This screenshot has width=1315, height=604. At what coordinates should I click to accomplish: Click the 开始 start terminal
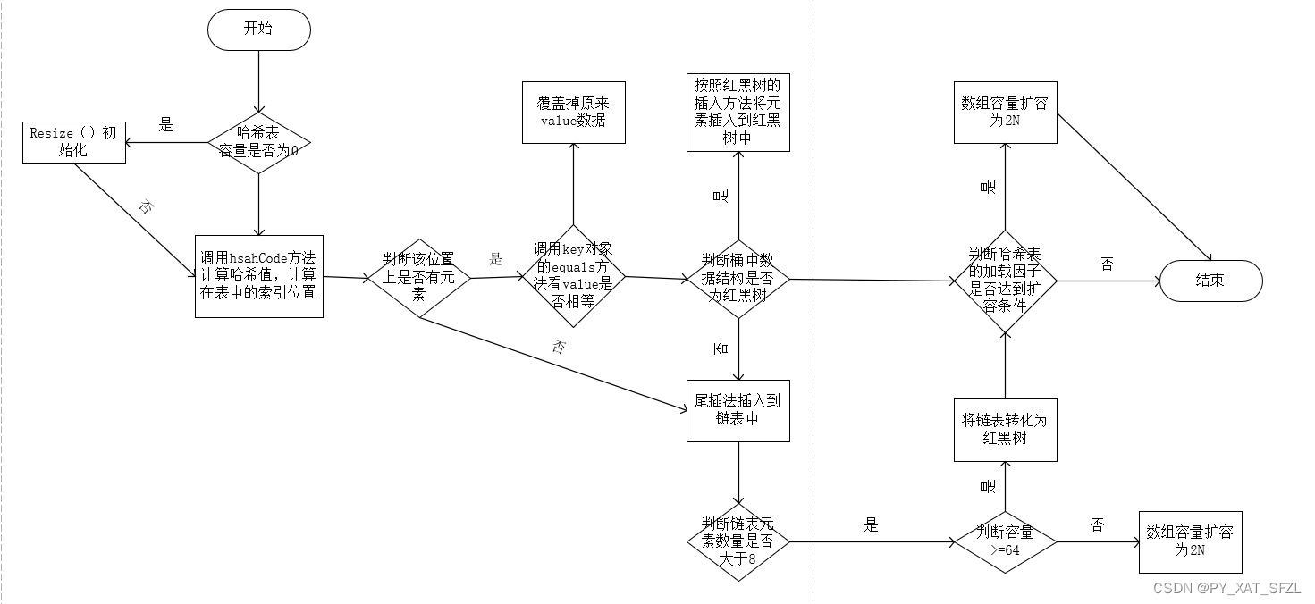pyautogui.click(x=259, y=29)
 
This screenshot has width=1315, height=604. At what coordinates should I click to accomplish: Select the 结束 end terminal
pyautogui.click(x=1210, y=281)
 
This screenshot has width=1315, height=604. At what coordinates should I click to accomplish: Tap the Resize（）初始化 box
pyautogui.click(x=73, y=142)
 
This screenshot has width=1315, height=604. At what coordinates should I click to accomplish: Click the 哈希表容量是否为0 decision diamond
pyautogui.click(x=259, y=142)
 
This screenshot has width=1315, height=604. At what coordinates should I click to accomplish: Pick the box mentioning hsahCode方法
pyautogui.click(x=259, y=275)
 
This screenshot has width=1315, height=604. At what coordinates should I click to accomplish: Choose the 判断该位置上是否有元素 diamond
pyautogui.click(x=418, y=277)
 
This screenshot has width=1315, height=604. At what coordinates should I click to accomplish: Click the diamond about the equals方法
pyautogui.click(x=574, y=275)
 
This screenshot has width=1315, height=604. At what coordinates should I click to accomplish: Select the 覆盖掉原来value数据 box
pyautogui.click(x=574, y=112)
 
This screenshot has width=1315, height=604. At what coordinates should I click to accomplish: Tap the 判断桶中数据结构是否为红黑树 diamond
pyautogui.click(x=738, y=278)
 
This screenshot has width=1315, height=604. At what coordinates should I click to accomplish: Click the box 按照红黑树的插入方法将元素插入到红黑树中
pyautogui.click(x=738, y=112)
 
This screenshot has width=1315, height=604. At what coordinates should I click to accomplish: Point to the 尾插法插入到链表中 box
pyautogui.click(x=738, y=409)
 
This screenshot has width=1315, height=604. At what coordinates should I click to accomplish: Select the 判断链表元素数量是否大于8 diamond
pyautogui.click(x=738, y=541)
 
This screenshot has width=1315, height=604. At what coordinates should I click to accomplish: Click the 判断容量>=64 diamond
pyautogui.click(x=1006, y=541)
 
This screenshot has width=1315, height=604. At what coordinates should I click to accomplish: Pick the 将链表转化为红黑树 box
pyautogui.click(x=1006, y=430)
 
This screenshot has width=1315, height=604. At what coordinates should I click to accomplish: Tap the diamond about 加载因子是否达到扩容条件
pyautogui.click(x=1006, y=281)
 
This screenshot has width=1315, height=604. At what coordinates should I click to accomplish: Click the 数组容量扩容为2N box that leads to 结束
pyautogui.click(x=1006, y=112)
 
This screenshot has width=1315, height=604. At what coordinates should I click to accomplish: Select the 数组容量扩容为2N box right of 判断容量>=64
pyautogui.click(x=1191, y=541)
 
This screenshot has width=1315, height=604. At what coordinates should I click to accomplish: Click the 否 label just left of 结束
pyautogui.click(x=1107, y=264)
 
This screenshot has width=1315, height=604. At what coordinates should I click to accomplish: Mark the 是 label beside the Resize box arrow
pyautogui.click(x=165, y=125)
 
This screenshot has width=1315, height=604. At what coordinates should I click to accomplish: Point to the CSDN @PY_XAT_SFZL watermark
pyautogui.click(x=1226, y=588)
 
